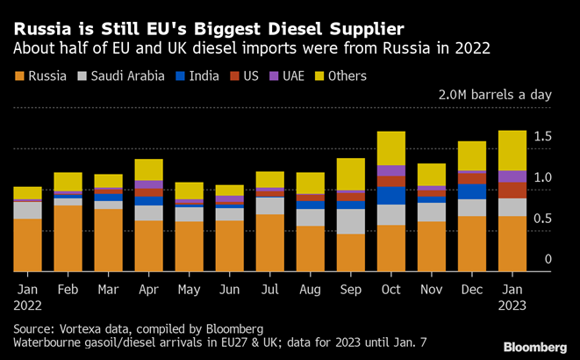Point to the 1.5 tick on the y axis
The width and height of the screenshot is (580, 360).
tap(542, 135)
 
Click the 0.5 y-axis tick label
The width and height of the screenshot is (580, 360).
tap(542, 218)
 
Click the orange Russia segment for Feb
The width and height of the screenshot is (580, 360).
tap(68, 238)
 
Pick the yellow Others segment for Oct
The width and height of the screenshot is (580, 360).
tap(391, 148)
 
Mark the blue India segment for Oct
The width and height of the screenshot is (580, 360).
tap(391, 195)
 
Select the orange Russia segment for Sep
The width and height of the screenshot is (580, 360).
tap(351, 252)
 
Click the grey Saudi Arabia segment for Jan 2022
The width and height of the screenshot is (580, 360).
tap(27, 210)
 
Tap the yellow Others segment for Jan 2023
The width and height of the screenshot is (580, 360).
tap(512, 150)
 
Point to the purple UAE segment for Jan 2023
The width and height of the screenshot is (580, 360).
tap(512, 176)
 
